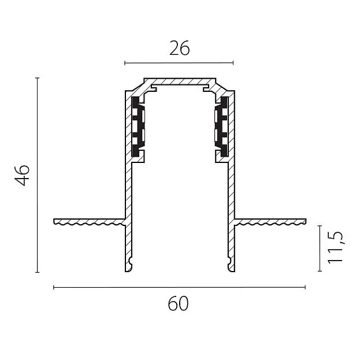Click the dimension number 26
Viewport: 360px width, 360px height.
click(180, 48)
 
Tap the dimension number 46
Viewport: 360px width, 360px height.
click(23, 175)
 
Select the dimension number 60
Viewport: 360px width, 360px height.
click(178, 303)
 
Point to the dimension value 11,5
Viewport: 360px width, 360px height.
click(335, 247)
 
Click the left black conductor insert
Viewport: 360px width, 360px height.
click(135, 127)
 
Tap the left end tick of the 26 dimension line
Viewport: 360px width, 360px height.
click(125, 62)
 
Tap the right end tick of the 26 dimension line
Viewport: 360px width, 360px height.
click(233, 62)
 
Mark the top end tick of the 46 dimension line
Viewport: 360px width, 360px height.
click(38, 78)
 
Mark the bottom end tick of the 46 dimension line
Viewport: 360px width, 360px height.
click(38, 272)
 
